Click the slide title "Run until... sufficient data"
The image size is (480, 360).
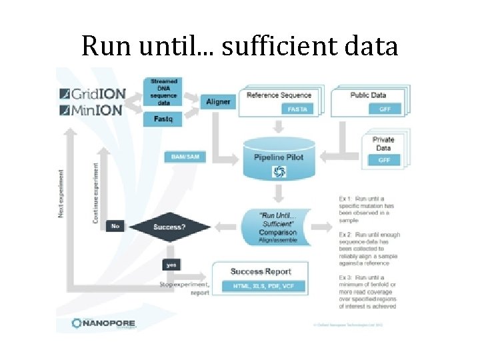(239, 46)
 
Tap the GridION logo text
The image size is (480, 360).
(91, 93)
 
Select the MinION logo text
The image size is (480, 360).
(91, 110)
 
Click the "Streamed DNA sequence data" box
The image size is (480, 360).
(163, 92)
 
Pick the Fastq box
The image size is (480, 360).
(163, 119)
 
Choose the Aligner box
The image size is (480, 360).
(217, 101)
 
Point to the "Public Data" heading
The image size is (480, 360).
(369, 95)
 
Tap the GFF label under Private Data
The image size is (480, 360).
(385, 160)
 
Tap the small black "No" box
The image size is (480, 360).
(114, 227)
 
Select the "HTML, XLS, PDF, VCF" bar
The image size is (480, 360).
(261, 286)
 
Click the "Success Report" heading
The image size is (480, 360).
(261, 271)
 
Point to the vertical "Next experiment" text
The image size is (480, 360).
(62, 193)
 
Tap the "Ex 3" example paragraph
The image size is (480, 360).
(367, 291)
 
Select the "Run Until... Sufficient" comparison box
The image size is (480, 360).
(279, 227)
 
